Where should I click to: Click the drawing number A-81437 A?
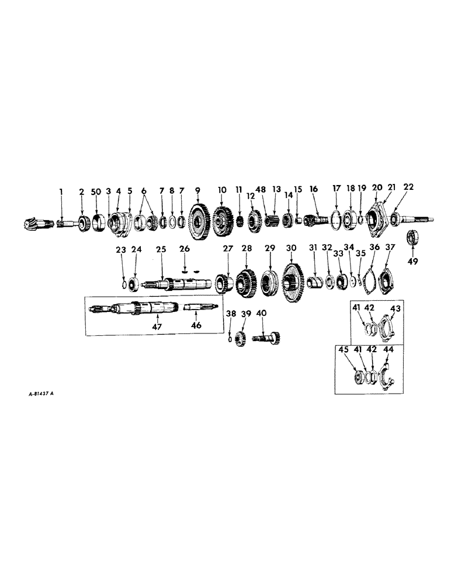[36, 393]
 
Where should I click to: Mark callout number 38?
[231, 314]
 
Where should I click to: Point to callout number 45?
[344, 349]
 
